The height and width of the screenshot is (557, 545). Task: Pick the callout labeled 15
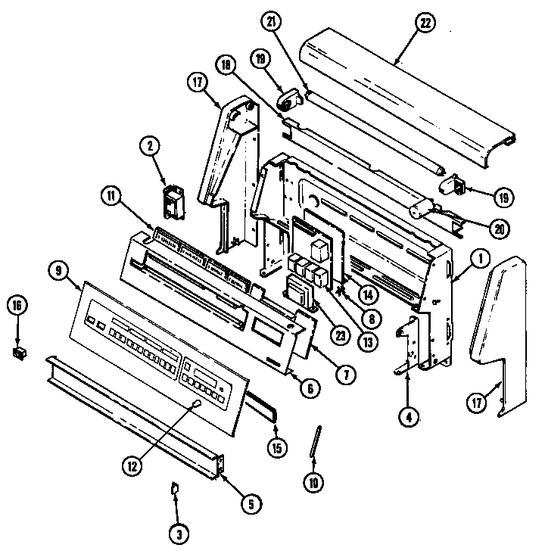click(278, 447)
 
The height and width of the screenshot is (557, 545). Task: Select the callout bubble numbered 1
click(478, 259)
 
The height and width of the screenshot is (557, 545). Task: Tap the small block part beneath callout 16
click(17, 351)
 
